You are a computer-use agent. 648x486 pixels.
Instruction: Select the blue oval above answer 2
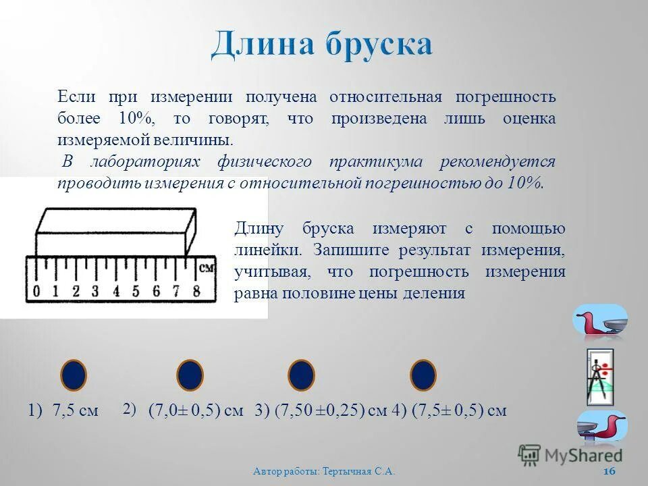(190, 375)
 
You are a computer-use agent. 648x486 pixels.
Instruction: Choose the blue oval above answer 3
(302, 375)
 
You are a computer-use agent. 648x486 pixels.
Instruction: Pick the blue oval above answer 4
(423, 375)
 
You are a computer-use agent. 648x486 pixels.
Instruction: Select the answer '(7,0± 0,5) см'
(196, 410)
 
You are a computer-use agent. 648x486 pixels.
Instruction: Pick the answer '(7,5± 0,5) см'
(458, 410)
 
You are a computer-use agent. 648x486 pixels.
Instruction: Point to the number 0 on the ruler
(36, 292)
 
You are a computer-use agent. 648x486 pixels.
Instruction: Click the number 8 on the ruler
(196, 292)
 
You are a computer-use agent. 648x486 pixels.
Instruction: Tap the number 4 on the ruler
(116, 292)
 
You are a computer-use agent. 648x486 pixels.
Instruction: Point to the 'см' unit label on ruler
(207, 268)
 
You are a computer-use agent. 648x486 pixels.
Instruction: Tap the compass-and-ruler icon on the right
(599, 376)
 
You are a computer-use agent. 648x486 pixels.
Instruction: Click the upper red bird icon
(599, 320)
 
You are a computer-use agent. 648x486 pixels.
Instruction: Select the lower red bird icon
(601, 427)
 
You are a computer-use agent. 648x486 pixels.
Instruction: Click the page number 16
(609, 471)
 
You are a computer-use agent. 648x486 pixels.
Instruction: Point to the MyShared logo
(570, 454)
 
